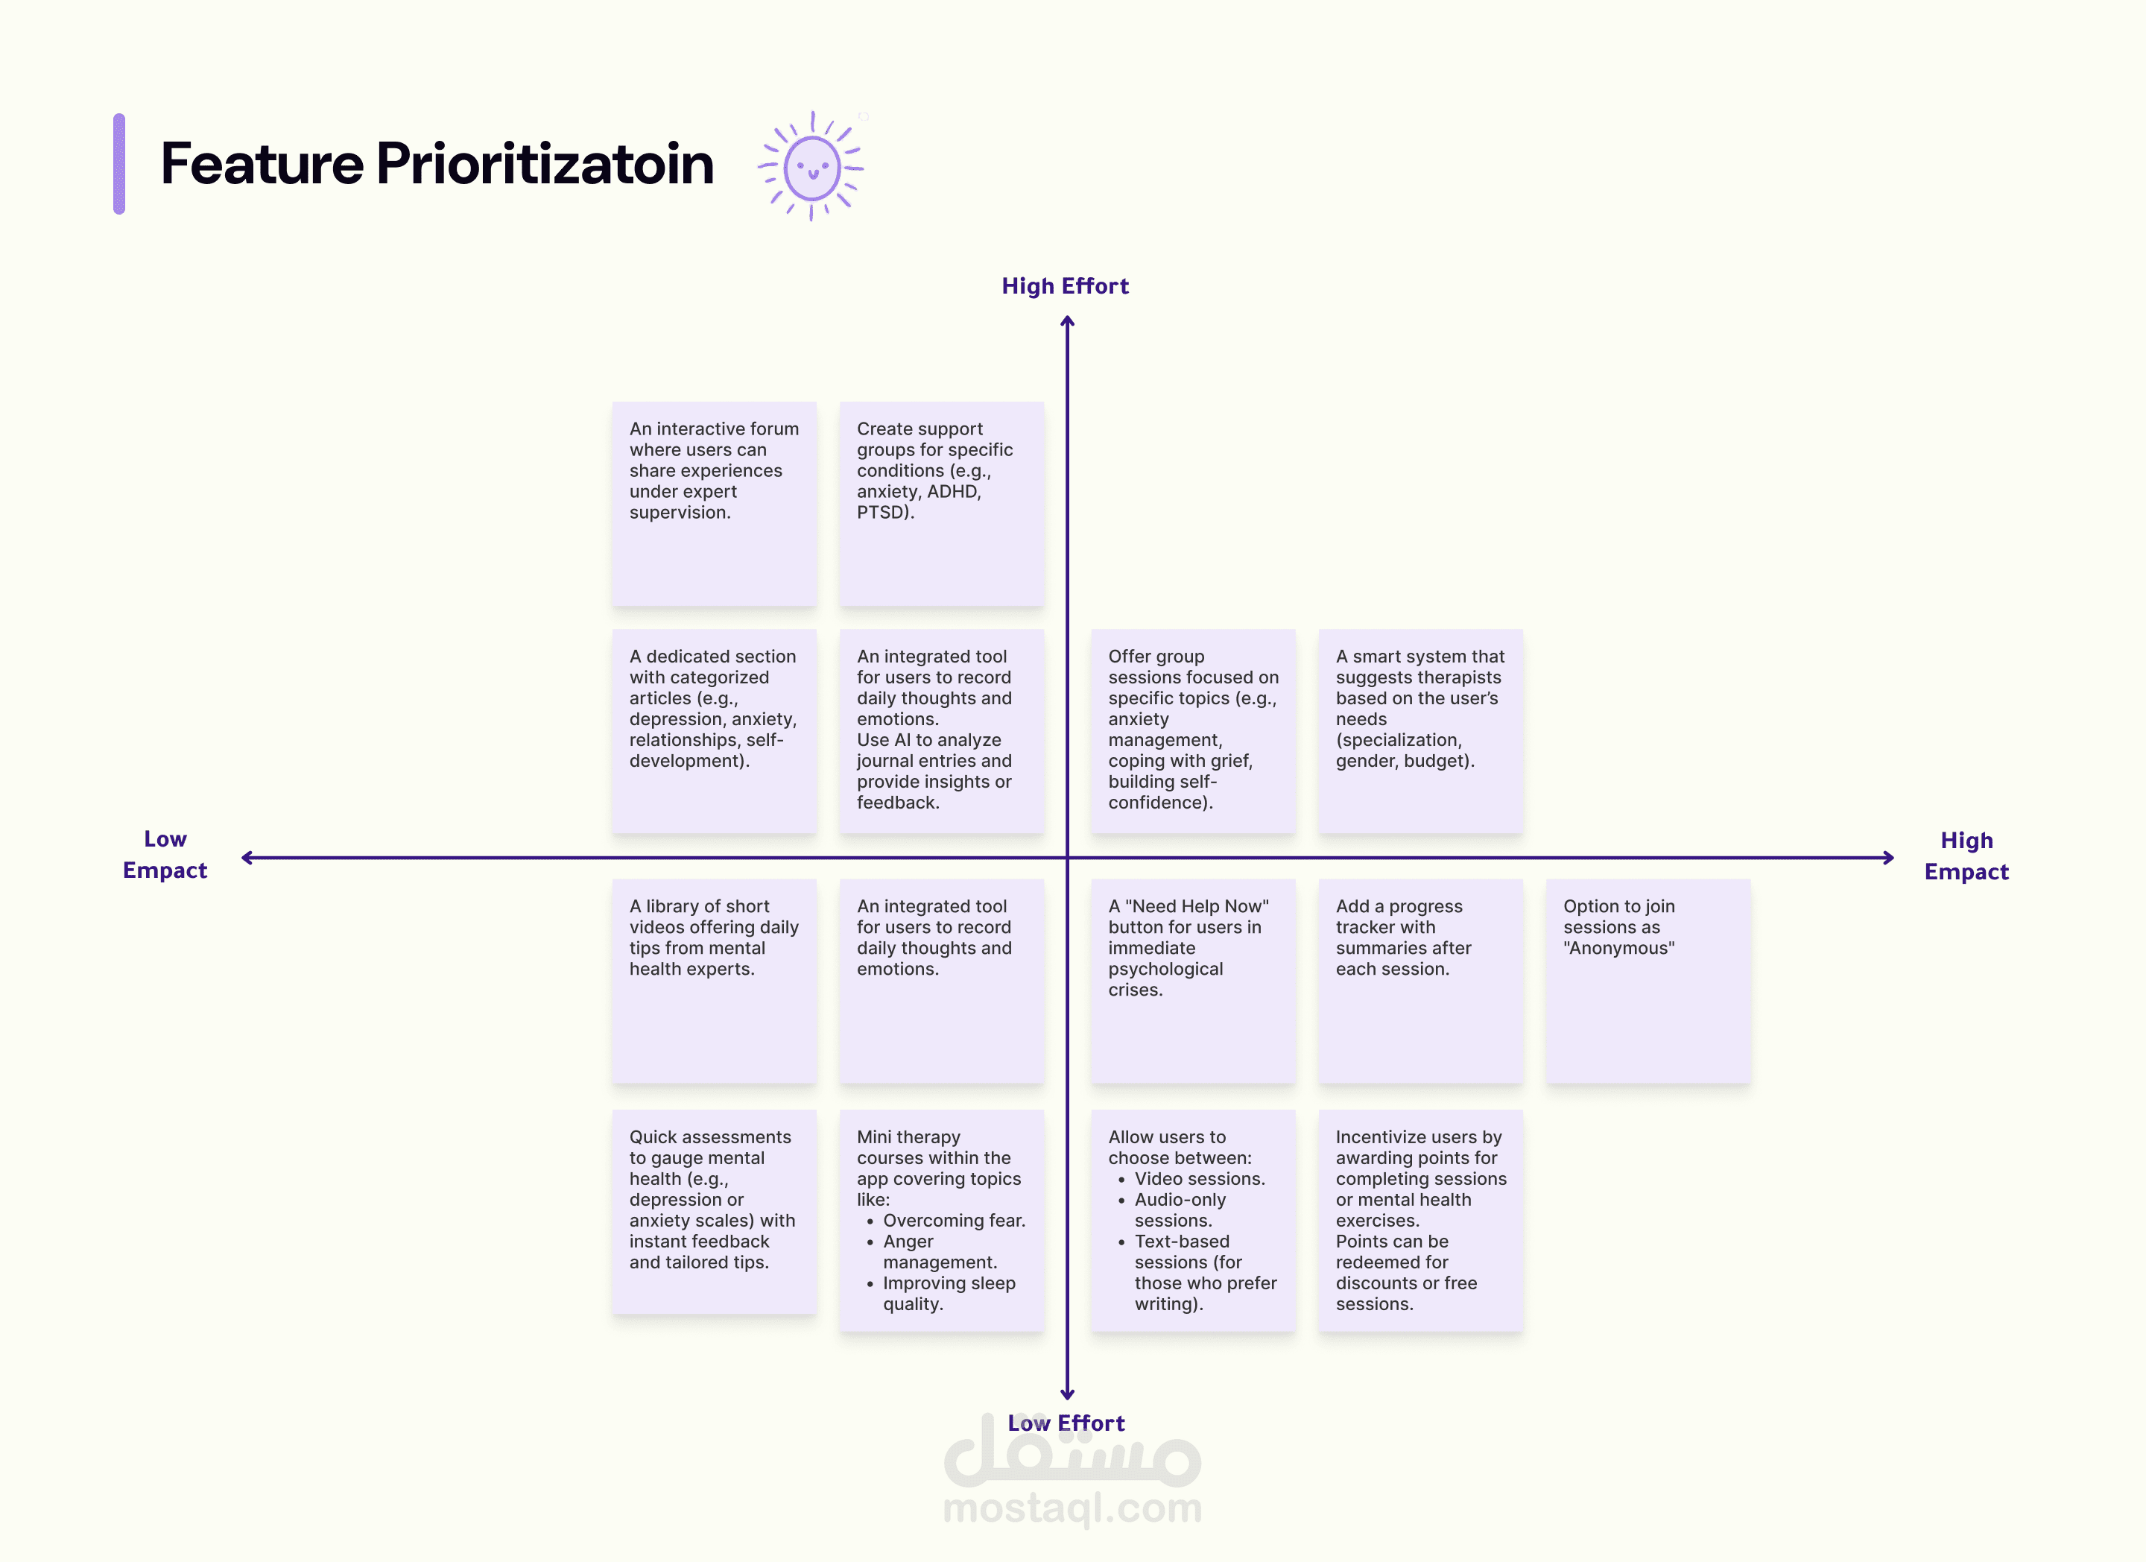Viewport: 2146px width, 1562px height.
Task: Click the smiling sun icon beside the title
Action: [x=812, y=166]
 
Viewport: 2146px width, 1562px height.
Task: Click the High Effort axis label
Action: [x=1066, y=285]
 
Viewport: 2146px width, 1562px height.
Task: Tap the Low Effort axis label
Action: [x=1066, y=1423]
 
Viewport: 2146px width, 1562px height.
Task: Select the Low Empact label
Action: [x=165, y=854]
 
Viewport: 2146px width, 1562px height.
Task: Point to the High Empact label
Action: [x=1966, y=856]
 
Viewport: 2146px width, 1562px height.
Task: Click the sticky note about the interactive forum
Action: [x=715, y=503]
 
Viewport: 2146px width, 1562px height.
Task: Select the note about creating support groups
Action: [x=941, y=503]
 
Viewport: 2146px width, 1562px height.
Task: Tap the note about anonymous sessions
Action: [x=1648, y=981]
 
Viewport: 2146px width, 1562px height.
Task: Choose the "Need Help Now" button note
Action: [x=1193, y=981]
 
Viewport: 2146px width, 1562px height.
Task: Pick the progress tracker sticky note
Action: [x=1420, y=981]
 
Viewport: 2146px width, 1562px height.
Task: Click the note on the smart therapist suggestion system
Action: [x=1420, y=731]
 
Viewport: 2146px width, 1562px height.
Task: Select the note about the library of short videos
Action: [x=715, y=981]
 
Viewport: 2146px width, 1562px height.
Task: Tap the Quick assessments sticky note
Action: [x=715, y=1212]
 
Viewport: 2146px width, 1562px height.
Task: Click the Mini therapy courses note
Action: [x=941, y=1221]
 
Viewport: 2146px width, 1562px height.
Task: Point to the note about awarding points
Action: [x=1420, y=1221]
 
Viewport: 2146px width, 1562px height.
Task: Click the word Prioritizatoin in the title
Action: [x=545, y=164]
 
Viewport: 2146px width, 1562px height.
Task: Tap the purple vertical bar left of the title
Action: [x=119, y=164]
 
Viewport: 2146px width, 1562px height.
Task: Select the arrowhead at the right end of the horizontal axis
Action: [x=1889, y=858]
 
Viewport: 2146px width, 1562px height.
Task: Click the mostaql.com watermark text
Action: [x=1073, y=1506]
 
